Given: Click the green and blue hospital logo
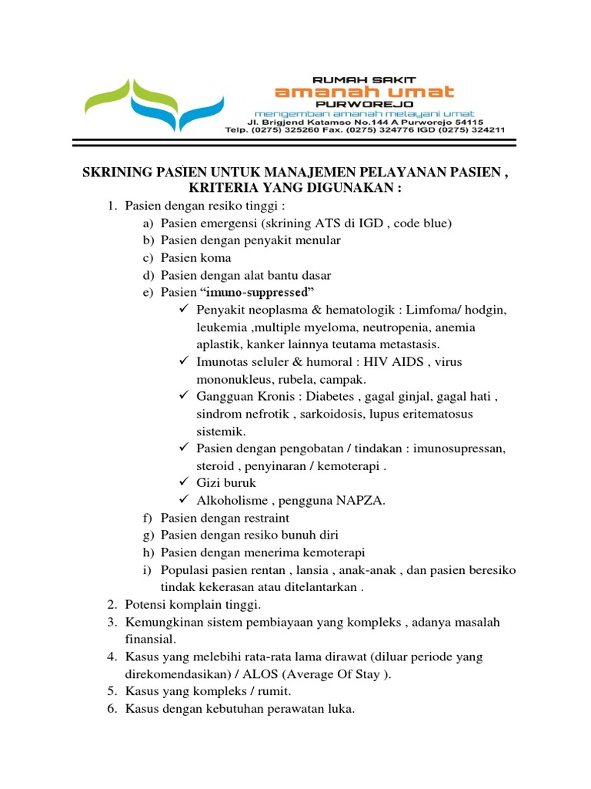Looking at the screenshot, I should point(154,103).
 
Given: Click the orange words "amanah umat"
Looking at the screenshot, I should point(365,92).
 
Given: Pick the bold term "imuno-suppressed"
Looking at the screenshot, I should point(258,292).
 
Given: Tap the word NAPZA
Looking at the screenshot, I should point(362,501).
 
